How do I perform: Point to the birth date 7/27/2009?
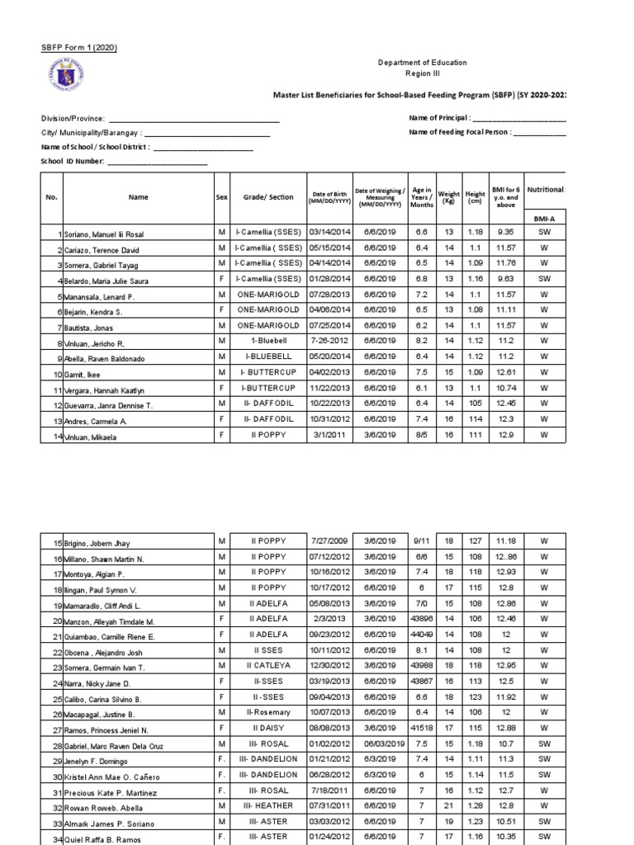329,541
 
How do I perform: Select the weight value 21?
449,806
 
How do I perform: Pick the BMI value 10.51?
504,822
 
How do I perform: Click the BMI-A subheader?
544,219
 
